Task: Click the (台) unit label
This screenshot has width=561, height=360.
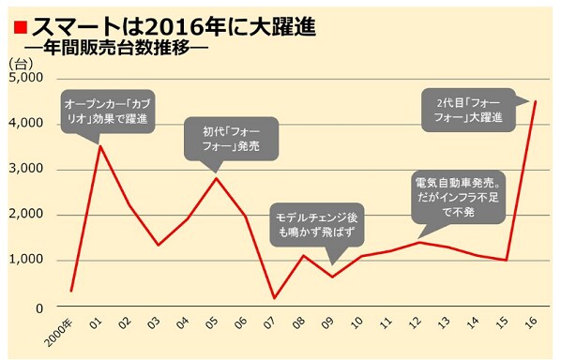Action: [20, 63]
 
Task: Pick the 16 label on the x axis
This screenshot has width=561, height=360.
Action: [533, 325]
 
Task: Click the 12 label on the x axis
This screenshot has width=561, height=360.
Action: [417, 325]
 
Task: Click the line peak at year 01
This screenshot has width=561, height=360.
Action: [100, 146]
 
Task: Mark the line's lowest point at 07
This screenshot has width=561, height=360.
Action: [275, 298]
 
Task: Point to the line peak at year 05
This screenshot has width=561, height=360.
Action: [217, 178]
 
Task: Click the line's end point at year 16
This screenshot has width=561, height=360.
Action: [535, 101]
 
